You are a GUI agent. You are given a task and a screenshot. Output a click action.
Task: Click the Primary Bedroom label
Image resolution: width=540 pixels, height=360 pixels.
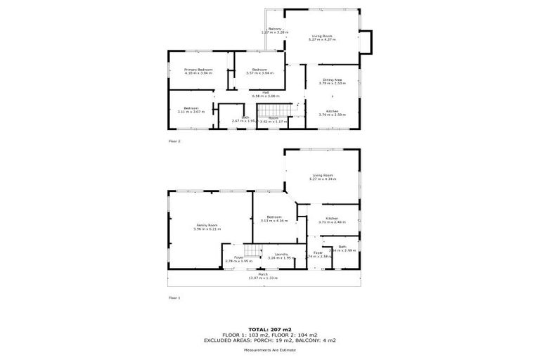(198, 70)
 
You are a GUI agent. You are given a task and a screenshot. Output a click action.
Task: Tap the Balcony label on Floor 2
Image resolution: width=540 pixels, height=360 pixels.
(275, 29)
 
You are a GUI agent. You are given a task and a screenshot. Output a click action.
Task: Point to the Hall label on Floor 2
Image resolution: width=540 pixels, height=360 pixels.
(266, 92)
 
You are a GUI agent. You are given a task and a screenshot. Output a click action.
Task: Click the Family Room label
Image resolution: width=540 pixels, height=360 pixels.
(207, 225)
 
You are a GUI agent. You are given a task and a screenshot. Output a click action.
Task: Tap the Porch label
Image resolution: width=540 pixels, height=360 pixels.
(264, 274)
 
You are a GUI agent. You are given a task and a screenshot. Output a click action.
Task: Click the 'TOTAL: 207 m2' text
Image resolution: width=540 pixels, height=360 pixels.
(269, 328)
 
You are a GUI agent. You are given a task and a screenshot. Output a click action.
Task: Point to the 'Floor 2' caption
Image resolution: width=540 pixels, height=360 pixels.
(174, 141)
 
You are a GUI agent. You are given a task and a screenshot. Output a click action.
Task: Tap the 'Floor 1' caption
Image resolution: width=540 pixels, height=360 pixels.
(174, 297)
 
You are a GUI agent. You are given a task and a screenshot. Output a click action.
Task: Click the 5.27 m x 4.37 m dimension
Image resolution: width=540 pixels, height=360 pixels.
(323, 39)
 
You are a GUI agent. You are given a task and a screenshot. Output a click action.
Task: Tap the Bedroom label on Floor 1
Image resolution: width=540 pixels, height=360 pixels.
(274, 217)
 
